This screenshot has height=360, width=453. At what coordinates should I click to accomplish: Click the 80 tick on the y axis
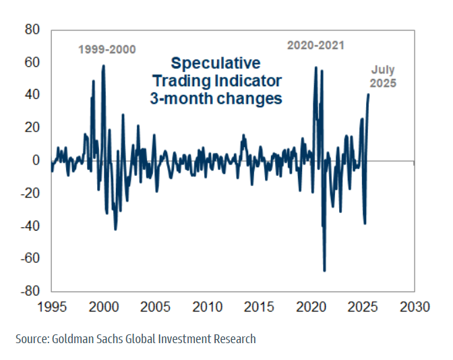(x=32, y=30)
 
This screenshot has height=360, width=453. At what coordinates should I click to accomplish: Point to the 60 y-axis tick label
(x=32, y=63)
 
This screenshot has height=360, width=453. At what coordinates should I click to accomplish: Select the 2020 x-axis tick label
(x=309, y=307)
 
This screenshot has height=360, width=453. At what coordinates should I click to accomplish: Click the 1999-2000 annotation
(x=107, y=49)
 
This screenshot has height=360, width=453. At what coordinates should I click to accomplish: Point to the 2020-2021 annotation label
(x=315, y=46)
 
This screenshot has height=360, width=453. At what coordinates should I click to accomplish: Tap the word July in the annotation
(x=383, y=69)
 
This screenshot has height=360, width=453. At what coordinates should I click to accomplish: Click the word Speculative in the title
(x=215, y=63)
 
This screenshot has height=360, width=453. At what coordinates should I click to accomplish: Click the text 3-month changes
(x=215, y=98)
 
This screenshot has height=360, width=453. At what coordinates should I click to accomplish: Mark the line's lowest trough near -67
(x=324, y=270)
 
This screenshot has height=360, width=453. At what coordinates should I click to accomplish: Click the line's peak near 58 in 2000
(x=103, y=65)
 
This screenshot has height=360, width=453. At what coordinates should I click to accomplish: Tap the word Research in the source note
(x=235, y=339)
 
